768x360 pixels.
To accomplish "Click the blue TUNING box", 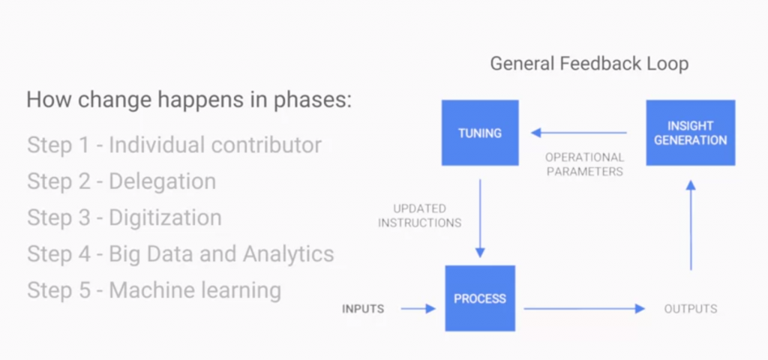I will point(480,133).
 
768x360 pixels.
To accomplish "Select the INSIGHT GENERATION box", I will point(690,133).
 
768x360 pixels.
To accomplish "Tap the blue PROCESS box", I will point(480,298).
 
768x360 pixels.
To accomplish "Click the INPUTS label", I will point(363,308).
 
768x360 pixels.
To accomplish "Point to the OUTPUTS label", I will point(690,308).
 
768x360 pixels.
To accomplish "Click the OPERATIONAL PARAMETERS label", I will point(585,164).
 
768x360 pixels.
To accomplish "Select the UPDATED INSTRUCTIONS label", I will point(420,215).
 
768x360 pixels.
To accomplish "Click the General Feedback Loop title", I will point(589,64).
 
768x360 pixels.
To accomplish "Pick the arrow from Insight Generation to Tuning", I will point(579,133).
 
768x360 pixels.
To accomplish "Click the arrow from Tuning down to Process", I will point(480,217).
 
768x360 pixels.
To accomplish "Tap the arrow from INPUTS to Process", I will point(418,308).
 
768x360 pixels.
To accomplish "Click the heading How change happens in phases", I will point(188,100).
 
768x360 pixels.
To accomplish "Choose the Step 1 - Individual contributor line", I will point(174,144).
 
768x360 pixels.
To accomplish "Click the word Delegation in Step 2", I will point(163,181).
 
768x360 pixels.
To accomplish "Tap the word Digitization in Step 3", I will point(165,217).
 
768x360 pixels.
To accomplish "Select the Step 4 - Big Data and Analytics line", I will point(180,253).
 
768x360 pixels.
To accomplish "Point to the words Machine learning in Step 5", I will point(195,289).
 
